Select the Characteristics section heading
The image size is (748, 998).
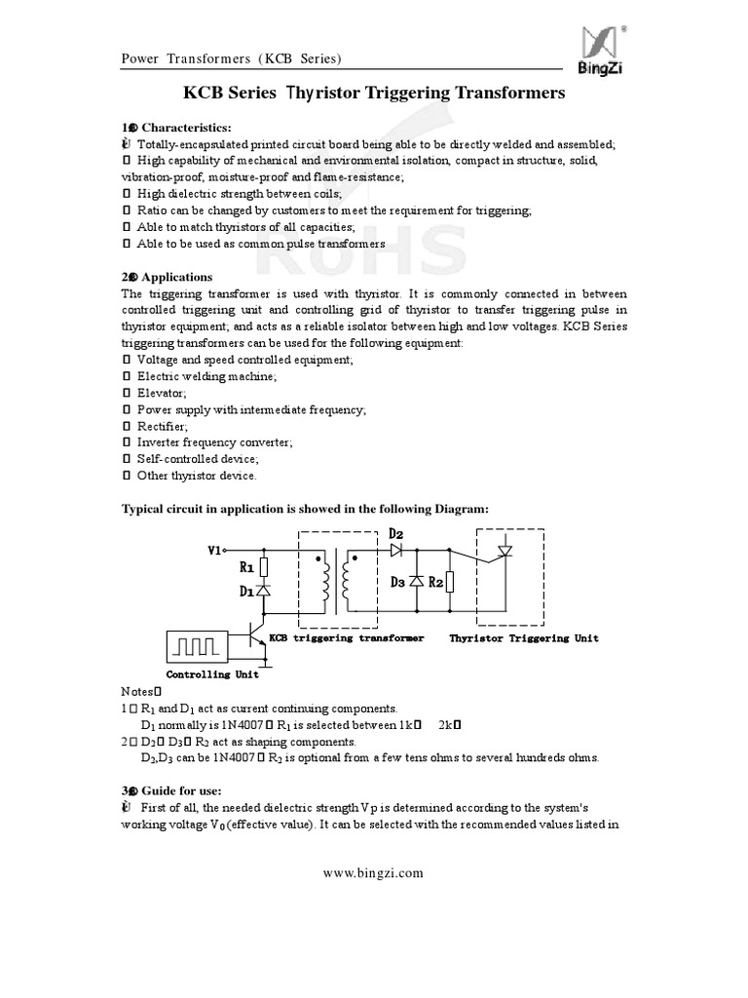coord(186,128)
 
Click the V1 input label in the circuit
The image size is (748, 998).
coord(216,550)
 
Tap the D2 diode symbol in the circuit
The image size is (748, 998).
coord(396,550)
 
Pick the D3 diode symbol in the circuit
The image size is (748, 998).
coord(416,582)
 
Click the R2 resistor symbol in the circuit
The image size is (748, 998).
coord(448,582)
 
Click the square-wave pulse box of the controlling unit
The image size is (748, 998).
coord(198,646)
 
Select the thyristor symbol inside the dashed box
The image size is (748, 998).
coord(504,551)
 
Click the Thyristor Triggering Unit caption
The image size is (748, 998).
coord(523,638)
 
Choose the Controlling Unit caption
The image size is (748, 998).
coord(212,674)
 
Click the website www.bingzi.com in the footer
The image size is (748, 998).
coord(374,873)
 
